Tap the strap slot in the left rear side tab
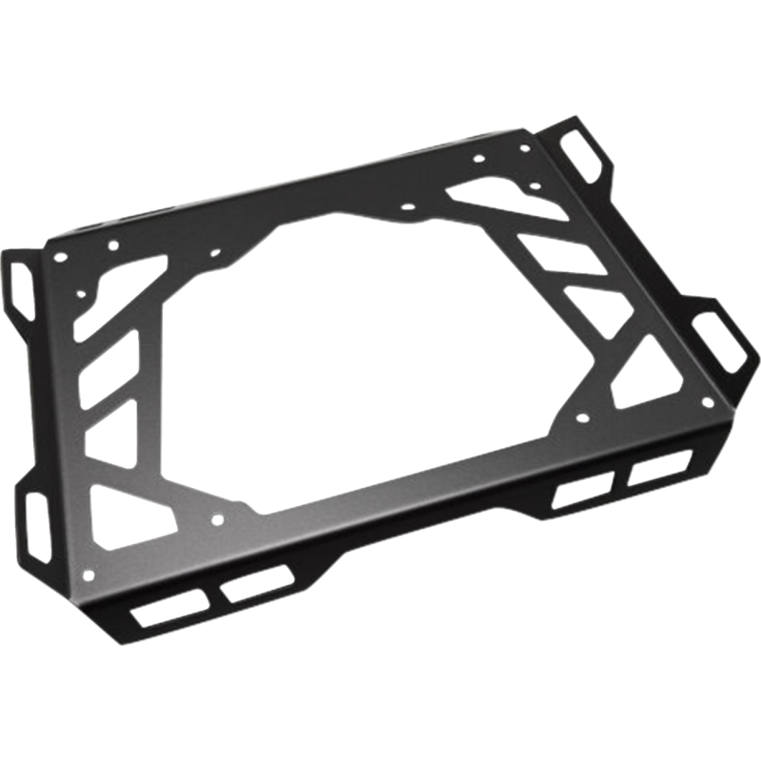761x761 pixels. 22,283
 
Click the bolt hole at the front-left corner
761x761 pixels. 90,573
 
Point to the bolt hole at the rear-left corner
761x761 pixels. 63,257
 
